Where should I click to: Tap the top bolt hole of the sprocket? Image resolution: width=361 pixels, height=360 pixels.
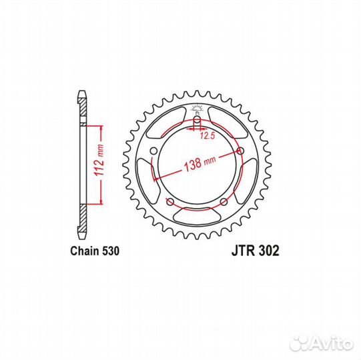click(x=197, y=121)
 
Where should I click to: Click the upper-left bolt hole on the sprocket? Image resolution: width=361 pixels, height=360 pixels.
click(x=153, y=151)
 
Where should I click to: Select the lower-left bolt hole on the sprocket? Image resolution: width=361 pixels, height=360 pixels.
click(x=169, y=201)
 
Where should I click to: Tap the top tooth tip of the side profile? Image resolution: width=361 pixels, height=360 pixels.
click(x=81, y=93)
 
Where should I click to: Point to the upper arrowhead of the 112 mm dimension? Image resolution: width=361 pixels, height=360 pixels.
click(x=100, y=127)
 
